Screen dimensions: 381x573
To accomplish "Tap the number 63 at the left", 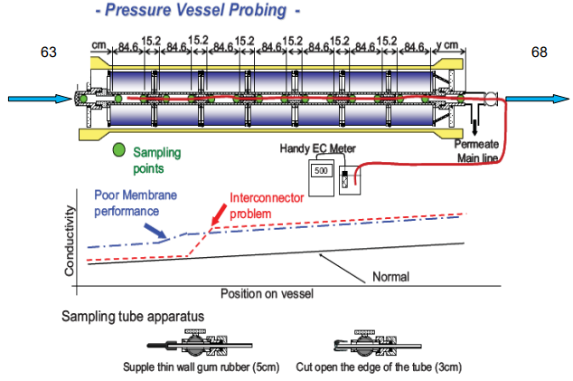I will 49,52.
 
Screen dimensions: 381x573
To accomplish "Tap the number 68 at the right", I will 539,52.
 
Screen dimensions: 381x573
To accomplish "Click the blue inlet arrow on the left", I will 36,98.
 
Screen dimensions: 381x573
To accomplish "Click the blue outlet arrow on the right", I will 539,98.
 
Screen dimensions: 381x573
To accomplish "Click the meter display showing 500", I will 320,169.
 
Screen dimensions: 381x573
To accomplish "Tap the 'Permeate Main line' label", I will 479,152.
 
